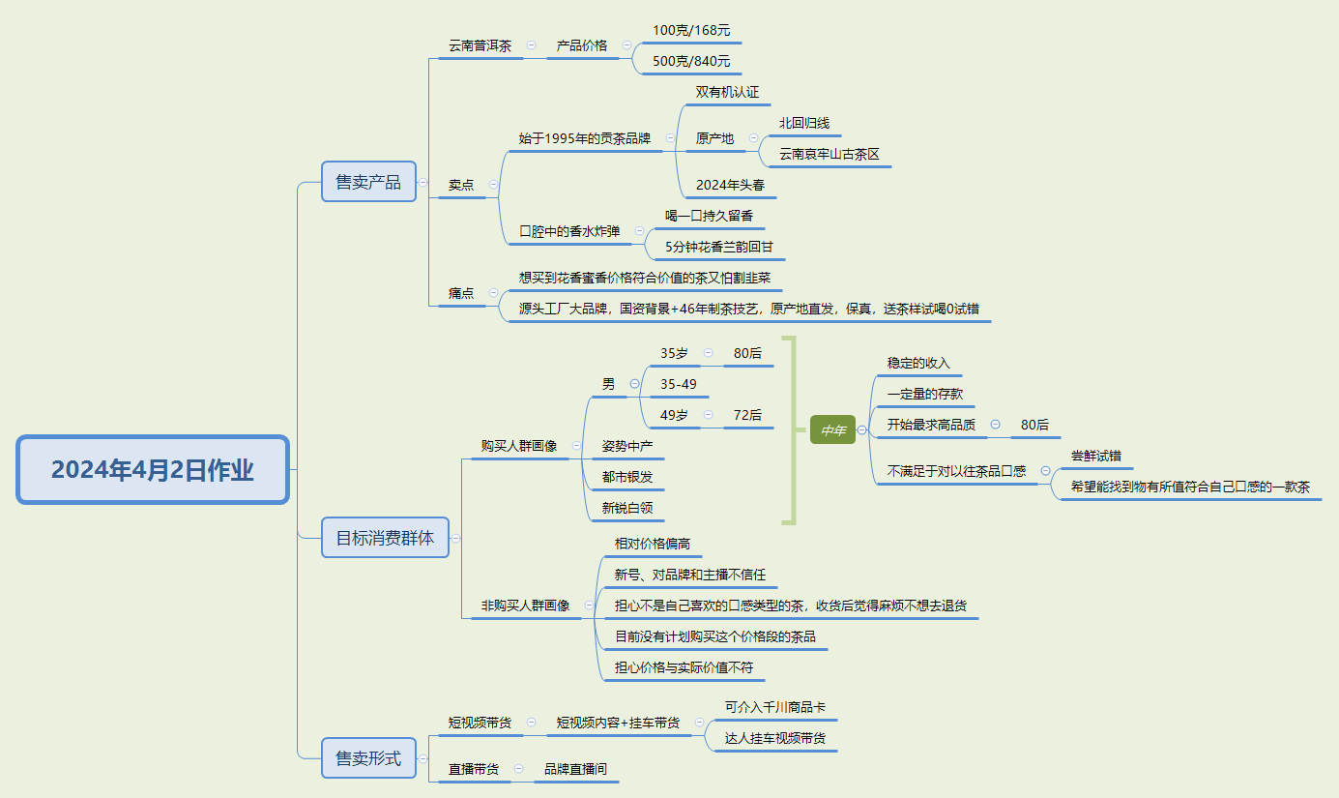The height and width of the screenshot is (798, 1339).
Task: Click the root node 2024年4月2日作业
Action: (153, 470)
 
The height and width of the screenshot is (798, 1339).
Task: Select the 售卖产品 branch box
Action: (368, 182)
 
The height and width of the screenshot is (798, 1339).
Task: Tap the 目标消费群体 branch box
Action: (385, 538)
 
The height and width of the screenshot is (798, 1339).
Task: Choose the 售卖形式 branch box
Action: (368, 758)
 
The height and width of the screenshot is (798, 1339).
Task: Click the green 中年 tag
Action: (832, 429)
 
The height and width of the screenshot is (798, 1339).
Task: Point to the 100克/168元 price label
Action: (691, 31)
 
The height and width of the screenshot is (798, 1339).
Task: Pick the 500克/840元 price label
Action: (691, 62)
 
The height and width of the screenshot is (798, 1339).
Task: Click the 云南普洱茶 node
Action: (480, 45)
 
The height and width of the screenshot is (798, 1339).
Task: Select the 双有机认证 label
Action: (727, 93)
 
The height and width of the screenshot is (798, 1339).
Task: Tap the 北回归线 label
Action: (804, 123)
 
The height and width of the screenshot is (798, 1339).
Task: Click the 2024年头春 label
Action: (730, 185)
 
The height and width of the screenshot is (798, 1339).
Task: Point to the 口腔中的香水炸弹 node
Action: (569, 231)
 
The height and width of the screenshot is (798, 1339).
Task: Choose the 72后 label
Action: (747, 415)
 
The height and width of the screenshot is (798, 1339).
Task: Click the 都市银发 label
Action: (627, 477)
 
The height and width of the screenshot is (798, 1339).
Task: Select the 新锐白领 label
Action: (627, 508)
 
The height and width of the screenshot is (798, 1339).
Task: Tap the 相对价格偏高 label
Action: (653, 545)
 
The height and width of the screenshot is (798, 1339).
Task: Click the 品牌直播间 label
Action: (576, 769)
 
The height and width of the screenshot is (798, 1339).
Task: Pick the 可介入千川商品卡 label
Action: (775, 708)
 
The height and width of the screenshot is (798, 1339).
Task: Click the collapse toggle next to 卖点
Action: (494, 184)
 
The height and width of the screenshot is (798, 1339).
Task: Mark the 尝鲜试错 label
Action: (1095, 457)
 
